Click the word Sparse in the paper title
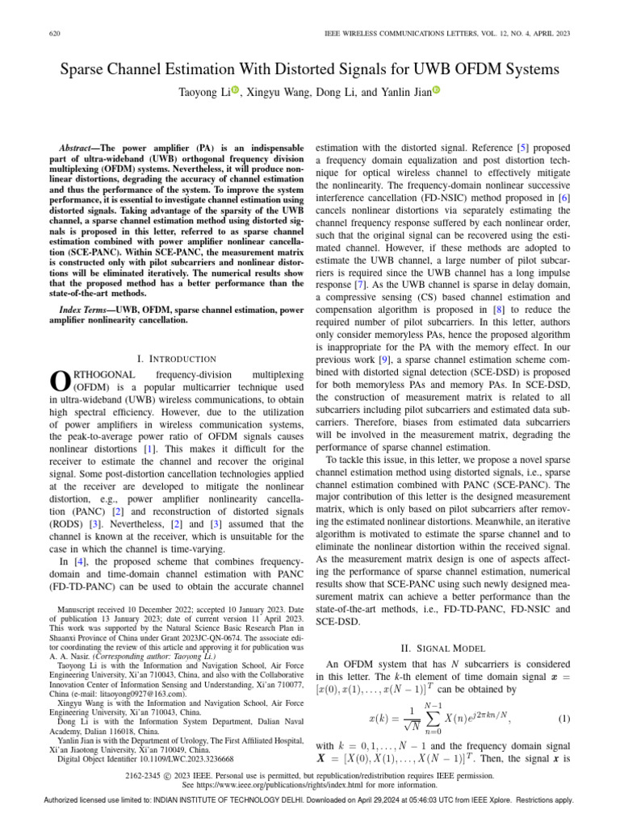[x=87, y=70]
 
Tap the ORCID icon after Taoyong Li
[x=235, y=91]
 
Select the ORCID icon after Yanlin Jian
[x=436, y=91]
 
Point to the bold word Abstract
[x=77, y=150]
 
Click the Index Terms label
[x=82, y=309]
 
